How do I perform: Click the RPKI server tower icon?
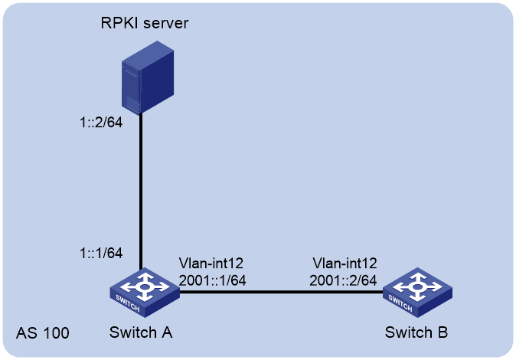tap(148, 77)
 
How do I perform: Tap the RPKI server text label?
tap(145, 23)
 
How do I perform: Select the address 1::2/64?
tap(101, 123)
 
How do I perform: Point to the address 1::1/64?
tap(101, 253)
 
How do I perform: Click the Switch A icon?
tap(145, 293)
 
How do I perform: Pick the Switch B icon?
tap(417, 293)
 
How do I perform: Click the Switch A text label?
tap(141, 332)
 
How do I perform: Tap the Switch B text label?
tap(416, 332)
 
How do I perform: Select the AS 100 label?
tap(43, 333)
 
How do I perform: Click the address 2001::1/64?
tap(212, 280)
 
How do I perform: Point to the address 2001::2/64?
tap(343, 280)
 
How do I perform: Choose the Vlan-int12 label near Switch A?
tap(211, 263)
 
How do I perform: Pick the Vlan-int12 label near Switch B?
tap(345, 263)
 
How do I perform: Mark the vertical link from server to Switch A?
tap(141, 191)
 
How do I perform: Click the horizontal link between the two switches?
tap(281, 292)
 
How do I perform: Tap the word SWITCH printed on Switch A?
tap(128, 303)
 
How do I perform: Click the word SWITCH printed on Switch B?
tap(400, 303)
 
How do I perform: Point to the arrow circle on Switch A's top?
tap(145, 286)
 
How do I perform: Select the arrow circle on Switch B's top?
tap(417, 286)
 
